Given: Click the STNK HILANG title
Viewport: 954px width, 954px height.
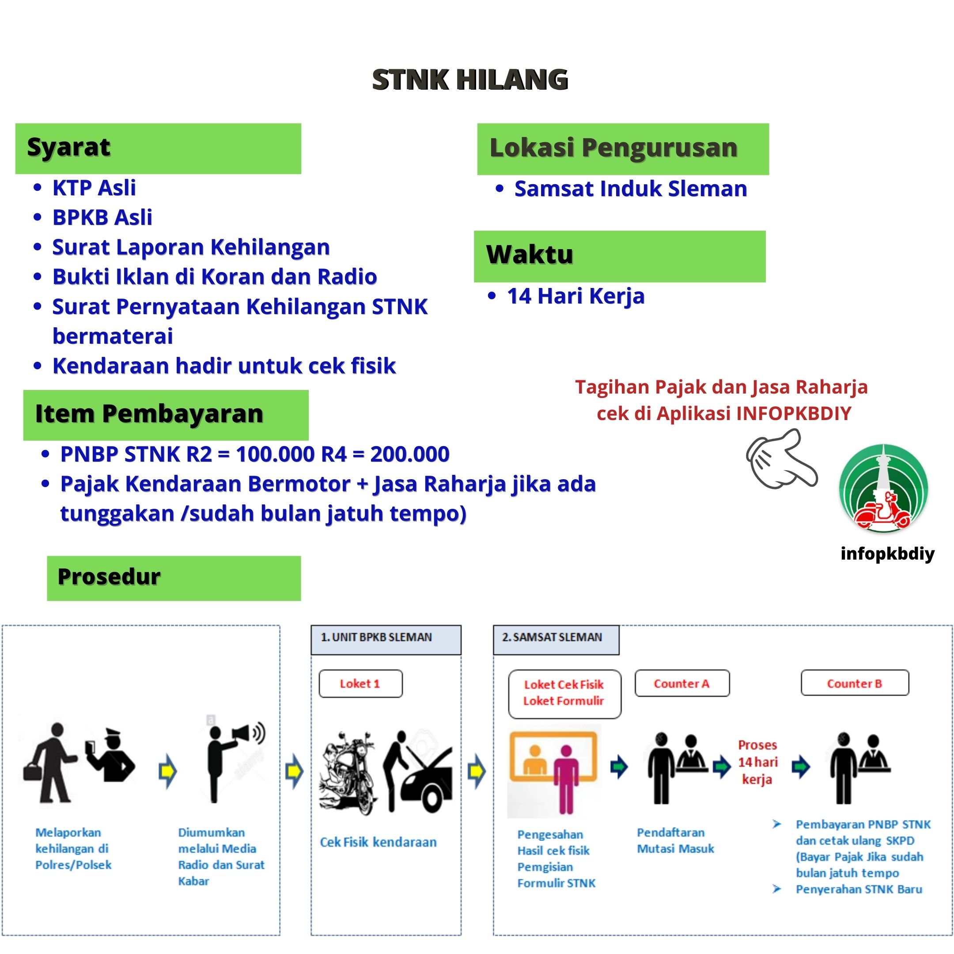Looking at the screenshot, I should [470, 80].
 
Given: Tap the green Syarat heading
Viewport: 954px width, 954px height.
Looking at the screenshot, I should [158, 148].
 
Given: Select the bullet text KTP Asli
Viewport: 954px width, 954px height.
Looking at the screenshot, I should [94, 188].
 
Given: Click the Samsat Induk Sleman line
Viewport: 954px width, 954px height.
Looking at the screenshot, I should [630, 189].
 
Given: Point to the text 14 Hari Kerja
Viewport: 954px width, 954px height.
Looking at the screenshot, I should [575, 296].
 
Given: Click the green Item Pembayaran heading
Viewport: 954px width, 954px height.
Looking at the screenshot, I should [166, 414].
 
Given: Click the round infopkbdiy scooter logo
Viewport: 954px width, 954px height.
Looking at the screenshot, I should [884, 489].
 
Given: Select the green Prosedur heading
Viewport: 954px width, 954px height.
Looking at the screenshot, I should [173, 578].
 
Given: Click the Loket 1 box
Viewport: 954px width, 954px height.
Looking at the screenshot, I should [360, 683].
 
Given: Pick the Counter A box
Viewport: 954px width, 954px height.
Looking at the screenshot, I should [681, 683].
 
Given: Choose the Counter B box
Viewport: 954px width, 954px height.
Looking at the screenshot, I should [854, 683].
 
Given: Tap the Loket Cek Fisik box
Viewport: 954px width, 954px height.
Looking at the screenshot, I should [564, 693].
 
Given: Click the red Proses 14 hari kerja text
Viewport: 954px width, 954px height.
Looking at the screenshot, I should [757, 762].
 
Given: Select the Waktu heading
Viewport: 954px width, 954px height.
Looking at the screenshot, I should [619, 256].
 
